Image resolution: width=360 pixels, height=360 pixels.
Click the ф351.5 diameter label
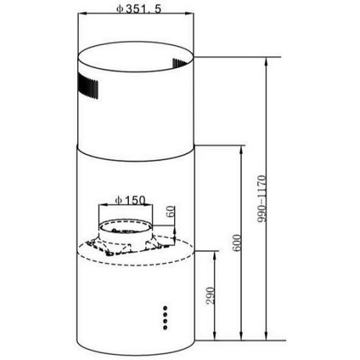tap(138, 9)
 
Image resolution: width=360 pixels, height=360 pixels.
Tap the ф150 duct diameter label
tap(130, 200)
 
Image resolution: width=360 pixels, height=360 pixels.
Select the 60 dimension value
tap(171, 212)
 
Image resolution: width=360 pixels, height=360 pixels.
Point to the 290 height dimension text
tap(210, 295)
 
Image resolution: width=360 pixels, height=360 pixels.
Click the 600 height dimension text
tap(237, 243)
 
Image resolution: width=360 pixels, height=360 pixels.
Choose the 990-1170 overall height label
tap(262, 199)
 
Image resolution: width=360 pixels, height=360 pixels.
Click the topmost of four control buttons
tap(165, 307)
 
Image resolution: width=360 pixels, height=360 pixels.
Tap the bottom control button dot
tap(165, 327)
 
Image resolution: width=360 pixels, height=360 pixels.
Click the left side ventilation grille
tap(88, 86)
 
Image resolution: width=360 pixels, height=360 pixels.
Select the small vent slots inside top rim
tap(179, 63)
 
